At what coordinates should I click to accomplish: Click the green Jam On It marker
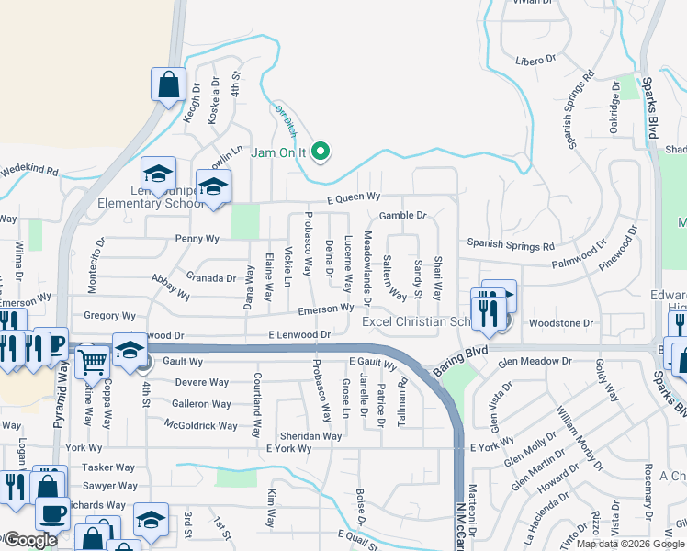[x=321, y=152]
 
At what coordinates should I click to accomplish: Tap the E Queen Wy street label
[x=351, y=197]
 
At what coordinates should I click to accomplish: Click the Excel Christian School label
[x=415, y=322]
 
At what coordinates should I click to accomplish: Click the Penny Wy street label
[x=197, y=239]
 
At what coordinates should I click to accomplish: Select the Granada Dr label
[x=212, y=277]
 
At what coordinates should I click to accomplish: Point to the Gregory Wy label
[x=109, y=316]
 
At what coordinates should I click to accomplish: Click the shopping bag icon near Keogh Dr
[x=169, y=84]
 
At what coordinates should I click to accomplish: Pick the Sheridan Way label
[x=311, y=436]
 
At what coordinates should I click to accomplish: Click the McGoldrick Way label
[x=201, y=425]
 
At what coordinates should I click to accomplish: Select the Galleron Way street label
[x=202, y=404]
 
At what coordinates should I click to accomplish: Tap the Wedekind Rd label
[x=29, y=171]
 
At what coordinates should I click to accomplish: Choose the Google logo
[x=29, y=540]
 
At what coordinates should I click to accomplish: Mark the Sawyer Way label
[x=110, y=486]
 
